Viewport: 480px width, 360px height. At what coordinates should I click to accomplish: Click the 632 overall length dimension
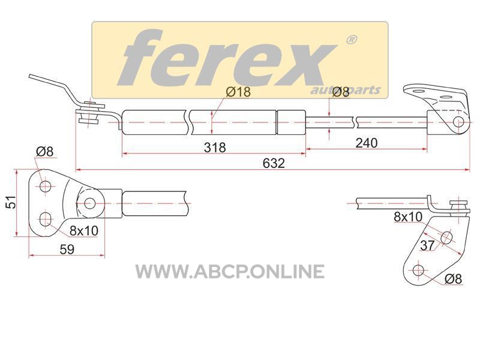coord(274,163)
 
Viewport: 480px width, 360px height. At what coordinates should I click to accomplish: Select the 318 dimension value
coord(215,147)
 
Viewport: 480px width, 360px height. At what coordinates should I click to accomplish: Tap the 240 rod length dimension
coord(367,143)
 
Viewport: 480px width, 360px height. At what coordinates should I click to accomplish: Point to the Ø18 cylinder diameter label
coord(238,92)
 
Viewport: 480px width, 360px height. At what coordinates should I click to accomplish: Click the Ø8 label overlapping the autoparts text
coord(340,92)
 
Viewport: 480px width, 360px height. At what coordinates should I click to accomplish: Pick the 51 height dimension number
coord(11,202)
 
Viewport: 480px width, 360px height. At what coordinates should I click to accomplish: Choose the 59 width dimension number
coord(67,249)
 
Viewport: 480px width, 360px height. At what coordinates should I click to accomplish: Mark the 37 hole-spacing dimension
coord(427,245)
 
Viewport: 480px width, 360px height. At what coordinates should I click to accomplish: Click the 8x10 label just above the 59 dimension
coord(84,230)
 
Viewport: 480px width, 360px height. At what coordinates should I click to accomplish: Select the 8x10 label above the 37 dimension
coord(408,217)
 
